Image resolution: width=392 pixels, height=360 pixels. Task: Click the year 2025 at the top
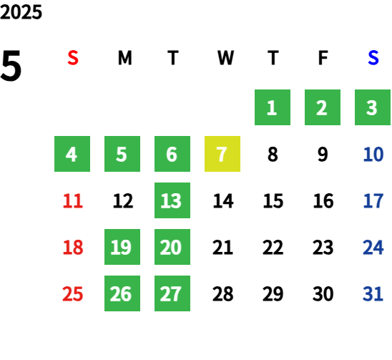coord(21,12)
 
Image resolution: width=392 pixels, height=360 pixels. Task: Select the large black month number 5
coord(11,66)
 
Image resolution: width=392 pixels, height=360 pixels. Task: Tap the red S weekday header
coord(73,58)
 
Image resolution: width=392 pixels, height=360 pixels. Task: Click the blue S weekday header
coord(373,58)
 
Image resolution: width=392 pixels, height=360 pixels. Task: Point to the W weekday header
coord(225,58)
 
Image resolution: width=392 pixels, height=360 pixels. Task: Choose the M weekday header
coord(124,58)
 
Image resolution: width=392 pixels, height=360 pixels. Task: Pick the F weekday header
coord(323,58)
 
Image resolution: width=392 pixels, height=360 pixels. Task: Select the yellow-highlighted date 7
coord(222,154)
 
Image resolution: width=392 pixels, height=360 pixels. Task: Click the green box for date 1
coord(273,107)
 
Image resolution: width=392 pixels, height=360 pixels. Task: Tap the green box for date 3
coord(373,107)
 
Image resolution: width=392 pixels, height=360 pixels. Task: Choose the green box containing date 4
coord(72,154)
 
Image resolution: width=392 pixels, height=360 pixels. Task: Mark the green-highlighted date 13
coord(172,200)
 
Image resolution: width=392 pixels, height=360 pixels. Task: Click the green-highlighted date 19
coord(122,247)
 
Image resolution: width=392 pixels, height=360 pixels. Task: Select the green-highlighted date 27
coord(172,293)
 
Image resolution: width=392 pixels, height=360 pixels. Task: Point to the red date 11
coord(73,200)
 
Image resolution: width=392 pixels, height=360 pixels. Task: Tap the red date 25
coord(73,293)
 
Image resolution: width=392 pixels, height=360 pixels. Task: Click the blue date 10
coord(373,154)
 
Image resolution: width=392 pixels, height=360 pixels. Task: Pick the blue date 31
coord(373,293)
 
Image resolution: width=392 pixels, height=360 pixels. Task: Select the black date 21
coord(222,247)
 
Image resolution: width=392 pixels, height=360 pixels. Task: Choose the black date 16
coord(323,200)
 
